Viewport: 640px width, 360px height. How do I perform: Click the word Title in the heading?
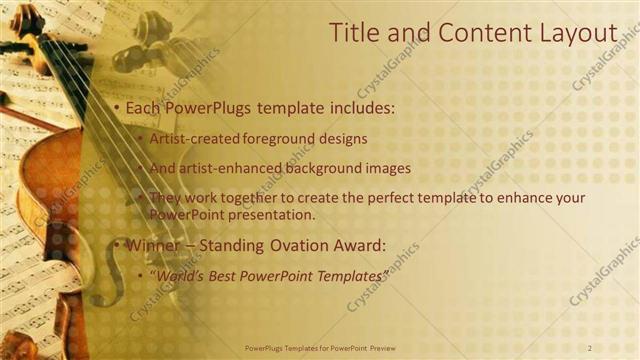tap(354, 33)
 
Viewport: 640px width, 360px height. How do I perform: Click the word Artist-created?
tap(191, 138)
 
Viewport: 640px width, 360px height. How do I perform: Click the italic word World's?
tap(176, 275)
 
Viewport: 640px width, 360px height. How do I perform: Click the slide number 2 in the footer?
tap(590, 347)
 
